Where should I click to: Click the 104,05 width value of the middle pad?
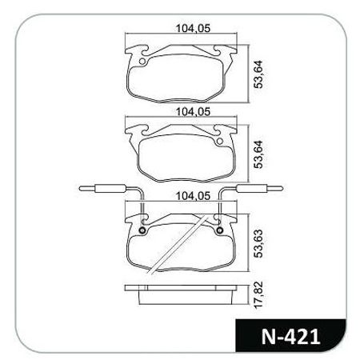(186, 112)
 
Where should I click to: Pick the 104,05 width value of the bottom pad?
(186, 194)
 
